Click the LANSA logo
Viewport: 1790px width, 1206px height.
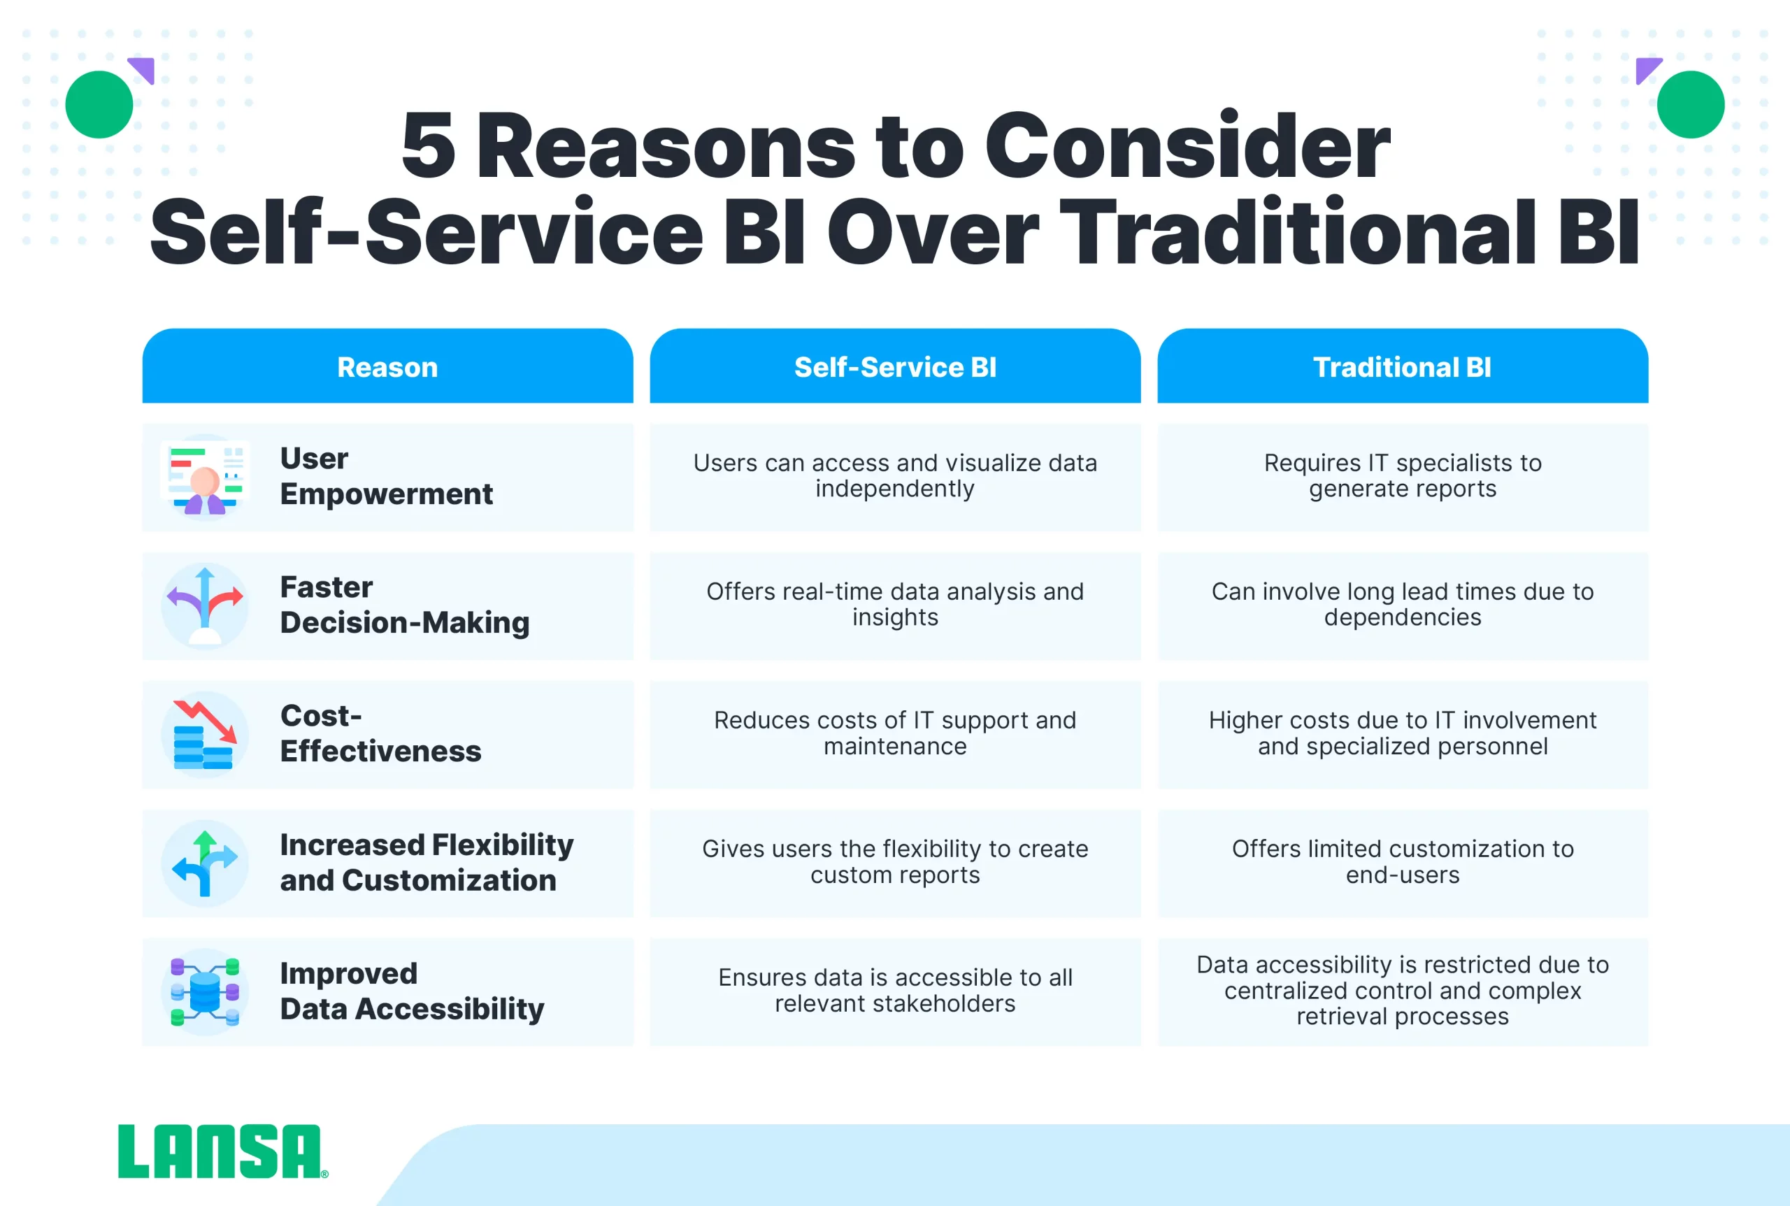[222, 1151]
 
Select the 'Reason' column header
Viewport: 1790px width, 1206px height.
[387, 366]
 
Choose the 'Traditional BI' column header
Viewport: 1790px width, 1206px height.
[1403, 366]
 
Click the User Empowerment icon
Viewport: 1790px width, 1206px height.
[205, 478]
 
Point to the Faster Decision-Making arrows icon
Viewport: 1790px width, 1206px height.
[205, 606]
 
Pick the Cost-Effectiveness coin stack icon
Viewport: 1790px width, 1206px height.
[205, 735]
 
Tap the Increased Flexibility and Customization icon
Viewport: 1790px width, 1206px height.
[205, 863]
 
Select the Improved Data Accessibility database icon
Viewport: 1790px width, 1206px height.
[205, 991]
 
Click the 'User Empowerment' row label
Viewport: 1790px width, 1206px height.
[386, 476]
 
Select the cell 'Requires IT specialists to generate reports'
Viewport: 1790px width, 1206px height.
[1403, 476]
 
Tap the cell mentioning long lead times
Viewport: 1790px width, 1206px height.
[1403, 605]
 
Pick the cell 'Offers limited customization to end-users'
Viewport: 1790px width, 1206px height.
[1403, 862]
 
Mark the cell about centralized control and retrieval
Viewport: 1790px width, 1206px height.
[1403, 991]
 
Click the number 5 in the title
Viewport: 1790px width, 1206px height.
[429, 146]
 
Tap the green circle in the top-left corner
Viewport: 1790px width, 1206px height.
[99, 105]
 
